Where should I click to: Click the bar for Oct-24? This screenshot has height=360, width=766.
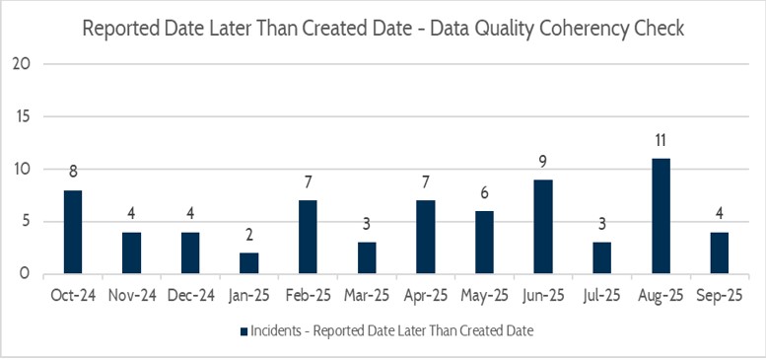(72, 232)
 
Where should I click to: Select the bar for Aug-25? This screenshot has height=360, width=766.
(660, 216)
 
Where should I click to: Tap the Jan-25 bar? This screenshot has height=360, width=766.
(248, 263)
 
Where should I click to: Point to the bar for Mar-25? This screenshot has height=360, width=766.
(366, 257)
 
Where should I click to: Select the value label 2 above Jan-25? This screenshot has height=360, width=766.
(248, 236)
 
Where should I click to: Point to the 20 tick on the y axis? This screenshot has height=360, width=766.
(24, 63)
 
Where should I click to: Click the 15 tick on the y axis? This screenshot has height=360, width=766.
(24, 116)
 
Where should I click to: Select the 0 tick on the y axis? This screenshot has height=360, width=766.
(29, 273)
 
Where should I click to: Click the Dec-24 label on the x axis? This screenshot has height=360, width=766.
(189, 294)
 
